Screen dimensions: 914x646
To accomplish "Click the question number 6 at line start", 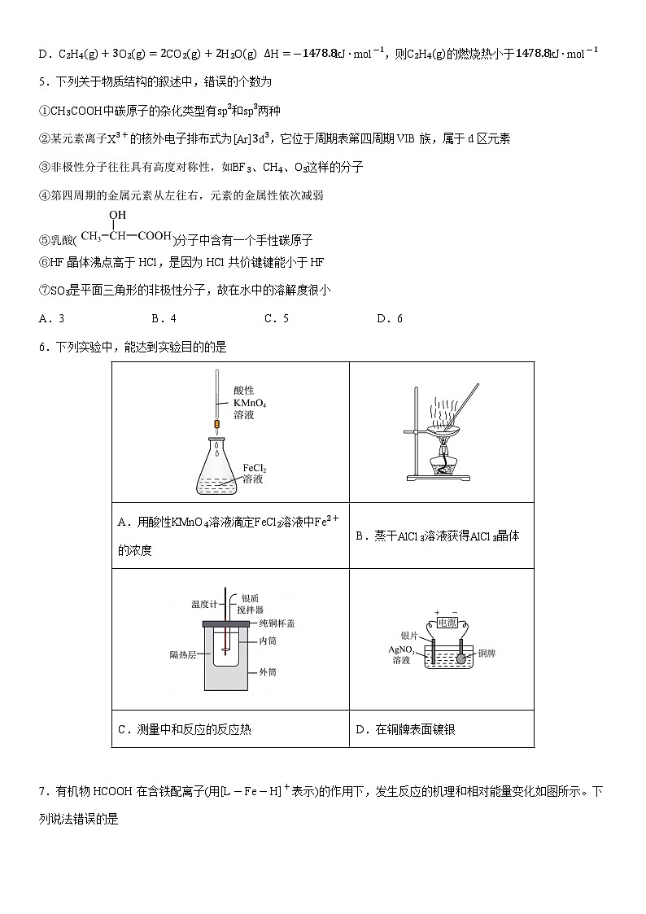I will click(43, 347).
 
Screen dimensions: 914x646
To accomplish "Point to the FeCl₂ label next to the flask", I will click(255, 469).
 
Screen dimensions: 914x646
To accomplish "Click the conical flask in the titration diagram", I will click(217, 469).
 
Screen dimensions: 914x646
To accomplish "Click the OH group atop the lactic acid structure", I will click(117, 215).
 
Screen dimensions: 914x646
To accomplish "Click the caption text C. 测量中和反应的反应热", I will click(185, 729).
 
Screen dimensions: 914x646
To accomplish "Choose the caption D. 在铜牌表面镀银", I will click(405, 729).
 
